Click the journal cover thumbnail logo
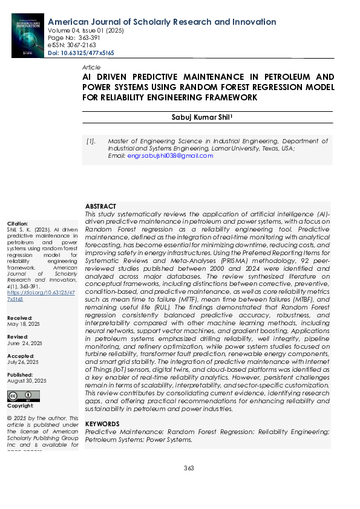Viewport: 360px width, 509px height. click(x=28, y=36)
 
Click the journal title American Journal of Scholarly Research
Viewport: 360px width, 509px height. click(x=162, y=22)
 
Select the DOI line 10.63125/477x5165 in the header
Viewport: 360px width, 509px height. click(x=80, y=53)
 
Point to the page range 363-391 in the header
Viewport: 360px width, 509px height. click(x=83, y=37)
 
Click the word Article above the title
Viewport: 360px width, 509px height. click(x=91, y=67)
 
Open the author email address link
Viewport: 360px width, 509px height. click(x=170, y=156)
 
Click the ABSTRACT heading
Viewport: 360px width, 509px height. click(x=100, y=207)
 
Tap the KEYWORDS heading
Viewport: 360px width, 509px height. click(x=102, y=424)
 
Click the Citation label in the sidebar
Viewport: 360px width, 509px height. click(x=17, y=224)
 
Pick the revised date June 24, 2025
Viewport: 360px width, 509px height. click(x=24, y=343)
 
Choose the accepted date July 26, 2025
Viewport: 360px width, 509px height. click(x=24, y=363)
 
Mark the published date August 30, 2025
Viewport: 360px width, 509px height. click(x=26, y=381)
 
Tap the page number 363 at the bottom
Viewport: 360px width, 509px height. click(x=189, y=468)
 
